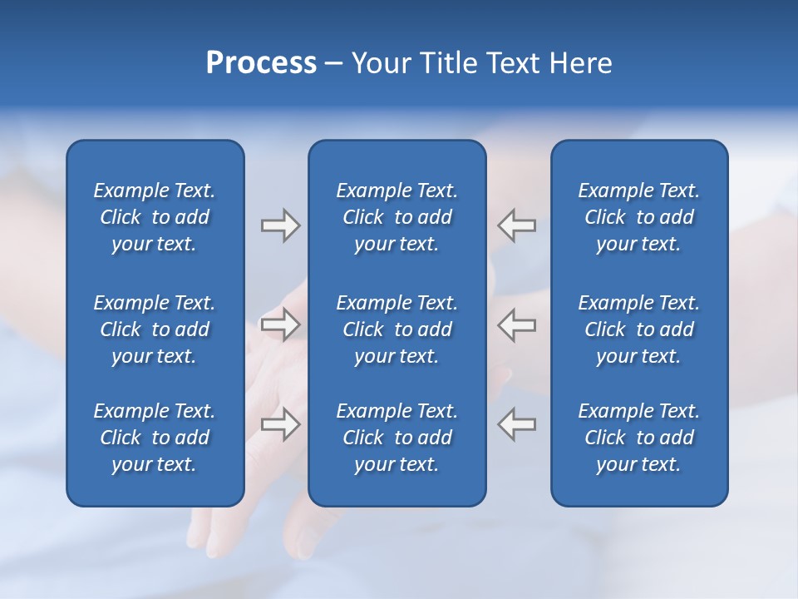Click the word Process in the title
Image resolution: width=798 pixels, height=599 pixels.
(261, 63)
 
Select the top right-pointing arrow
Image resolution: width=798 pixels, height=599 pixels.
(280, 225)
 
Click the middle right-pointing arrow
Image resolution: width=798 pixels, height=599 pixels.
(280, 324)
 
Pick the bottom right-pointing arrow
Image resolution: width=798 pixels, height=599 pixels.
(280, 423)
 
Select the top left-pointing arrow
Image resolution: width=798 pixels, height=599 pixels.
(517, 225)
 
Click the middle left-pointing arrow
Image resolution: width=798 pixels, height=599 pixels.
(517, 324)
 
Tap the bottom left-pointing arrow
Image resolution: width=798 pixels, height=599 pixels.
(517, 423)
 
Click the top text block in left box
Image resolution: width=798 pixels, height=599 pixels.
(155, 217)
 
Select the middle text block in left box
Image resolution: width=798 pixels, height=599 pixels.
(155, 329)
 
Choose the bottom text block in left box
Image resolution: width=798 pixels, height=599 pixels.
(155, 438)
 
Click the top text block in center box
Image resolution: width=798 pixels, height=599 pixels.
(397, 217)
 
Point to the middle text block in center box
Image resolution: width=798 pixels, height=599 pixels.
(397, 329)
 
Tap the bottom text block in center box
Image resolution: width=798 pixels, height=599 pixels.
(397, 438)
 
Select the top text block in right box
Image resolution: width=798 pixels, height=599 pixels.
(638, 217)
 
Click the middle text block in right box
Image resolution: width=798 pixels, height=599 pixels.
(638, 329)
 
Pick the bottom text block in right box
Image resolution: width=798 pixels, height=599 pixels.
(638, 438)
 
